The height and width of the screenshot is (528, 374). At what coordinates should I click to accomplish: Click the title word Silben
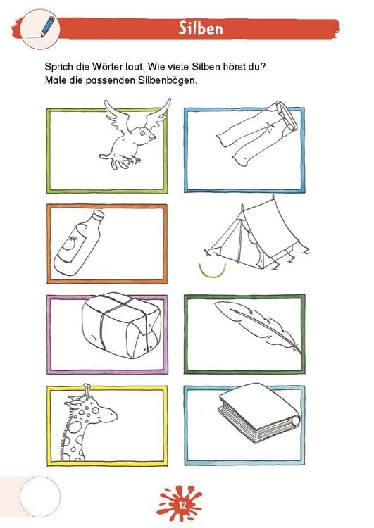click(201, 28)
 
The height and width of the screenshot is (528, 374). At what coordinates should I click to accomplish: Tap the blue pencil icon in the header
click(47, 26)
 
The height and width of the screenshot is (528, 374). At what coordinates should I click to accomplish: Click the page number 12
click(182, 505)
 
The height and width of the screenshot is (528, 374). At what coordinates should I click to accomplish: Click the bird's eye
click(142, 133)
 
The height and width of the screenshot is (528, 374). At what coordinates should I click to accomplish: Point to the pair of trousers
click(257, 133)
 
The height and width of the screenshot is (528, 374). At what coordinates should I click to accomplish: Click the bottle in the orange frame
click(79, 243)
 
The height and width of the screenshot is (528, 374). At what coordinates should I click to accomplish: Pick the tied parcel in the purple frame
click(122, 325)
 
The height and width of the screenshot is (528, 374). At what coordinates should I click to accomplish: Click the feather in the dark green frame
click(258, 327)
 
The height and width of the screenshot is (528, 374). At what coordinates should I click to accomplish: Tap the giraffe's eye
click(95, 410)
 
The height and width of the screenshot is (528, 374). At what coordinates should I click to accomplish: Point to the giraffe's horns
click(87, 391)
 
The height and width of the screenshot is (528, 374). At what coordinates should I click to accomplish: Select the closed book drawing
click(258, 412)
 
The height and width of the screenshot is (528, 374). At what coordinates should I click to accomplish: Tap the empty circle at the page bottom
click(40, 497)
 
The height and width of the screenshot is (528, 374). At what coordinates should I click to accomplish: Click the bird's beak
click(153, 137)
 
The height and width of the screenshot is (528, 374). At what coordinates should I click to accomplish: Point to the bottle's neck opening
click(99, 215)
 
